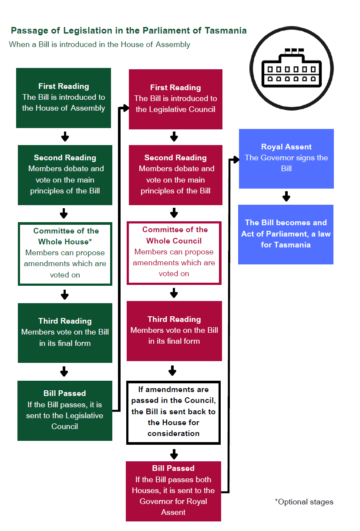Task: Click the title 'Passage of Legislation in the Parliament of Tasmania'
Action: (128, 30)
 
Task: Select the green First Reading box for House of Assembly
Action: (64, 98)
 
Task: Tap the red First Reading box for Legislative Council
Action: (175, 99)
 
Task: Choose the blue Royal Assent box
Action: (286, 158)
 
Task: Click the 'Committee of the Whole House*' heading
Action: (66, 236)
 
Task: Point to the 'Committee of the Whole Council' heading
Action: (175, 235)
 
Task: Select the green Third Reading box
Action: (65, 333)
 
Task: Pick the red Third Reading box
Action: (174, 331)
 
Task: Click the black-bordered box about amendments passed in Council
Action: (173, 412)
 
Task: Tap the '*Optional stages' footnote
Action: (304, 502)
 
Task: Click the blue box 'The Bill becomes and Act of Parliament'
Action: (286, 234)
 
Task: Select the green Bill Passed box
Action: (65, 410)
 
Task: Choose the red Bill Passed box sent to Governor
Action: (173, 490)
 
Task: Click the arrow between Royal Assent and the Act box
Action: (286, 196)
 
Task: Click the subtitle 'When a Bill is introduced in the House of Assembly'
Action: (99, 44)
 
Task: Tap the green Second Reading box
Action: (65, 174)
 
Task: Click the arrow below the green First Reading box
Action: (65, 137)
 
